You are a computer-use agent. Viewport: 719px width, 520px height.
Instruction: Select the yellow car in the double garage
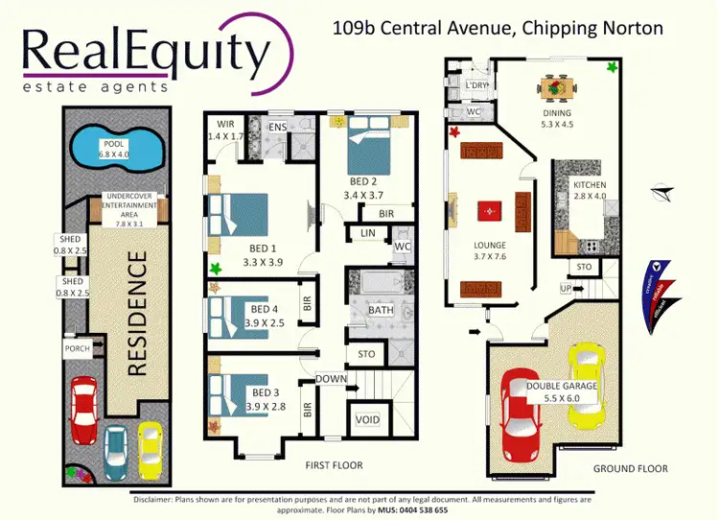click(x=586, y=385)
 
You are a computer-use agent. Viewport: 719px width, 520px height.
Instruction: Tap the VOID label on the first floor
click(x=367, y=419)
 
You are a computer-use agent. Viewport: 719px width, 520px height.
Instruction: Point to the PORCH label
click(x=77, y=349)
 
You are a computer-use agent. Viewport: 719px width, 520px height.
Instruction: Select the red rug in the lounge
click(x=489, y=209)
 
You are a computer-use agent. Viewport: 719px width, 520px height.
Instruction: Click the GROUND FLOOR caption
click(x=629, y=468)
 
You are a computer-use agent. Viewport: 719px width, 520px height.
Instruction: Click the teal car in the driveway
click(x=116, y=447)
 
